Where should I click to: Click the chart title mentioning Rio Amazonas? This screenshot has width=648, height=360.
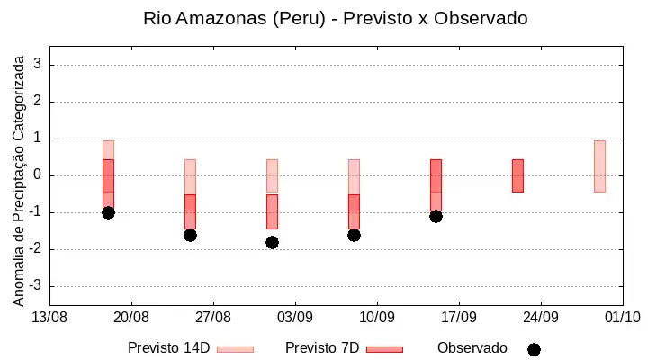tap(335, 18)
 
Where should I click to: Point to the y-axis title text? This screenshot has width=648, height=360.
tap(18, 181)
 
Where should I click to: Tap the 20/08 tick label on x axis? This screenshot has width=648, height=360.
tap(131, 318)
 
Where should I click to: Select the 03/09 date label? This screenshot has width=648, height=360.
tap(295, 318)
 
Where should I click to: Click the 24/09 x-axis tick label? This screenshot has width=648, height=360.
tap(541, 318)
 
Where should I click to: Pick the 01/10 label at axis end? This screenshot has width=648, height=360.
tap(623, 318)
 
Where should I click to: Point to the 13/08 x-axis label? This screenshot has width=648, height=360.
tap(49, 318)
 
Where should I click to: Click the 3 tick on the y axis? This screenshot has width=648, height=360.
tap(38, 64)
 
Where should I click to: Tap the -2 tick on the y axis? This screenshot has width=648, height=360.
tap(35, 248)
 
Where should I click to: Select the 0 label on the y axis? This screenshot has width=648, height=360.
tap(38, 175)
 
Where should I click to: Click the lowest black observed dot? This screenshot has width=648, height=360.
tap(272, 243)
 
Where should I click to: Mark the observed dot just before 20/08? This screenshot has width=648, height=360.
tap(108, 213)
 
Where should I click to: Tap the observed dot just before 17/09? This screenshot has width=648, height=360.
tap(436, 217)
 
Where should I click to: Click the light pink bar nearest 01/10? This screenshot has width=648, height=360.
tap(599, 166)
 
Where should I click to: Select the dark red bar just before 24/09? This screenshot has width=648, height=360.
tap(517, 175)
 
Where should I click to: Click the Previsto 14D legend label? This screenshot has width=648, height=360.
tap(169, 348)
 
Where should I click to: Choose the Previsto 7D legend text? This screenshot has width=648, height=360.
tap(322, 348)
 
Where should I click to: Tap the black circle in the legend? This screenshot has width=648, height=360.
tap(534, 350)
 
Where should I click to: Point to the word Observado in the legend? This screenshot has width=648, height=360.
tap(472, 348)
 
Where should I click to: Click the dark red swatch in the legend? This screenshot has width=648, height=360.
tap(385, 350)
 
